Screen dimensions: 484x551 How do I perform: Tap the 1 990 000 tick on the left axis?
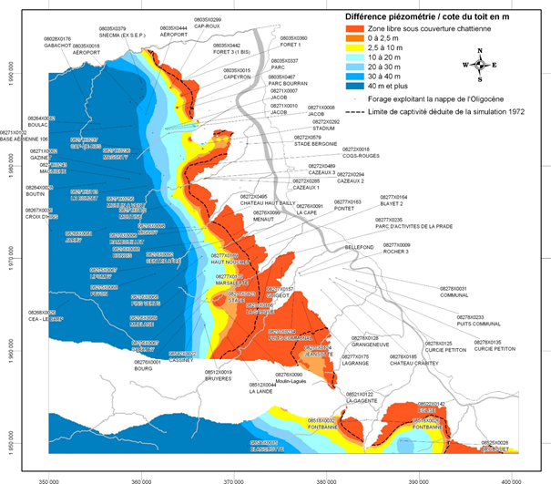coord(14,79)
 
